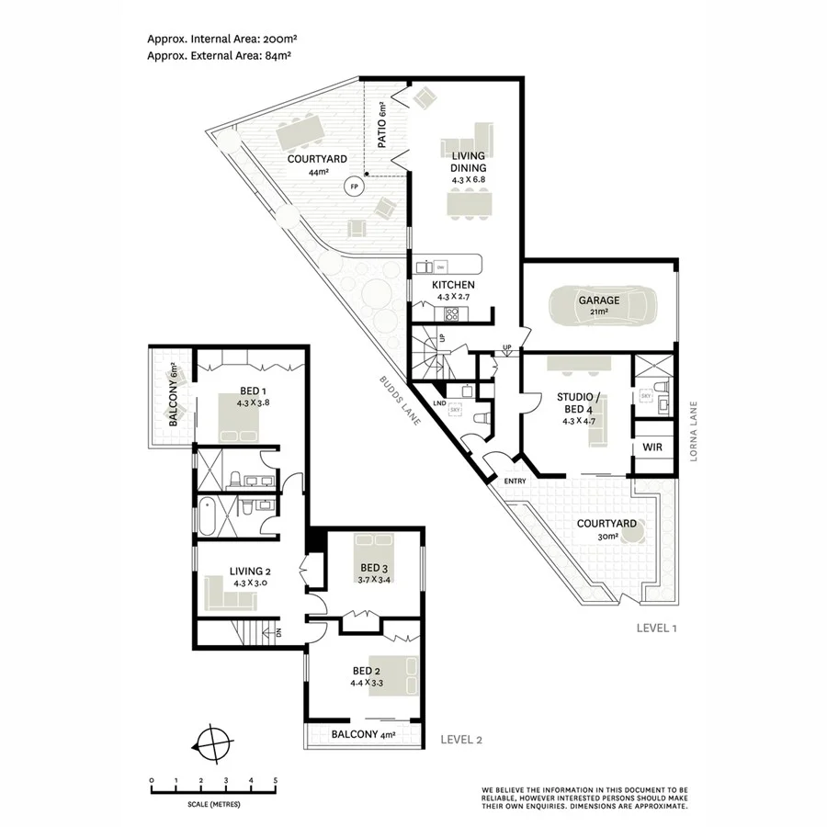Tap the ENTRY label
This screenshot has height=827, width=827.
click(515, 481)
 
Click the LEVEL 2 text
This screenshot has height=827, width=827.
click(462, 739)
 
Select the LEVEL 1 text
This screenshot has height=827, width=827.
click(656, 629)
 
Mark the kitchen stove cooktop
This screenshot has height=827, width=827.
click(452, 314)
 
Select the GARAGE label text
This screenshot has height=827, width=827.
click(598, 300)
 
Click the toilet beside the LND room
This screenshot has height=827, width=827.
click(479, 420)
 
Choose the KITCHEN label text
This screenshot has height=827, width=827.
click(454, 285)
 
